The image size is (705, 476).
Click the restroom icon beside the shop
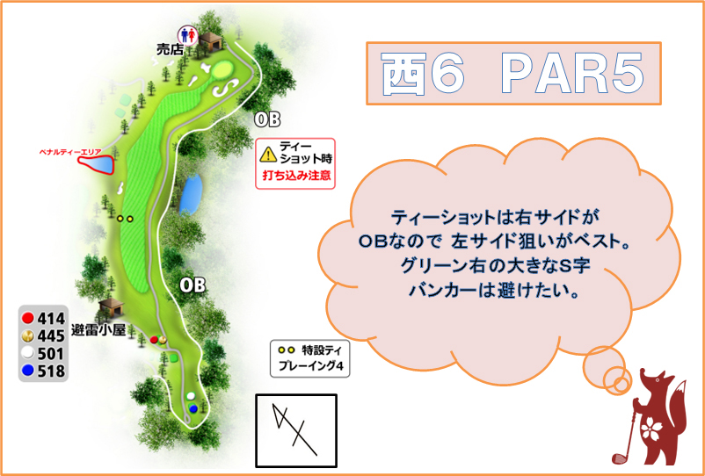tap(186, 34)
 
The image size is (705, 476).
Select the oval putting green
tap(221, 70)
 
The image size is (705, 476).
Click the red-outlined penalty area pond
tap(97, 164)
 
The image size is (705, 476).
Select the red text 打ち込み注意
tap(296, 175)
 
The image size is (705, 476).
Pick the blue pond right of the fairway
tap(191, 194)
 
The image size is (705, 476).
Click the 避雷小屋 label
tap(98, 331)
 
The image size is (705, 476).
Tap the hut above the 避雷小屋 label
tap(110, 307)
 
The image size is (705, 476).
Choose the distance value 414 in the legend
tap(51, 319)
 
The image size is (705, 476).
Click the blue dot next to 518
tap(28, 371)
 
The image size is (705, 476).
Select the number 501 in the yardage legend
tap(51, 354)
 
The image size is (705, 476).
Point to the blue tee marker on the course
tap(193, 408)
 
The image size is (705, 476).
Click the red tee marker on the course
tap(154, 340)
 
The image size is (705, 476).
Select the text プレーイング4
tap(310, 366)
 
